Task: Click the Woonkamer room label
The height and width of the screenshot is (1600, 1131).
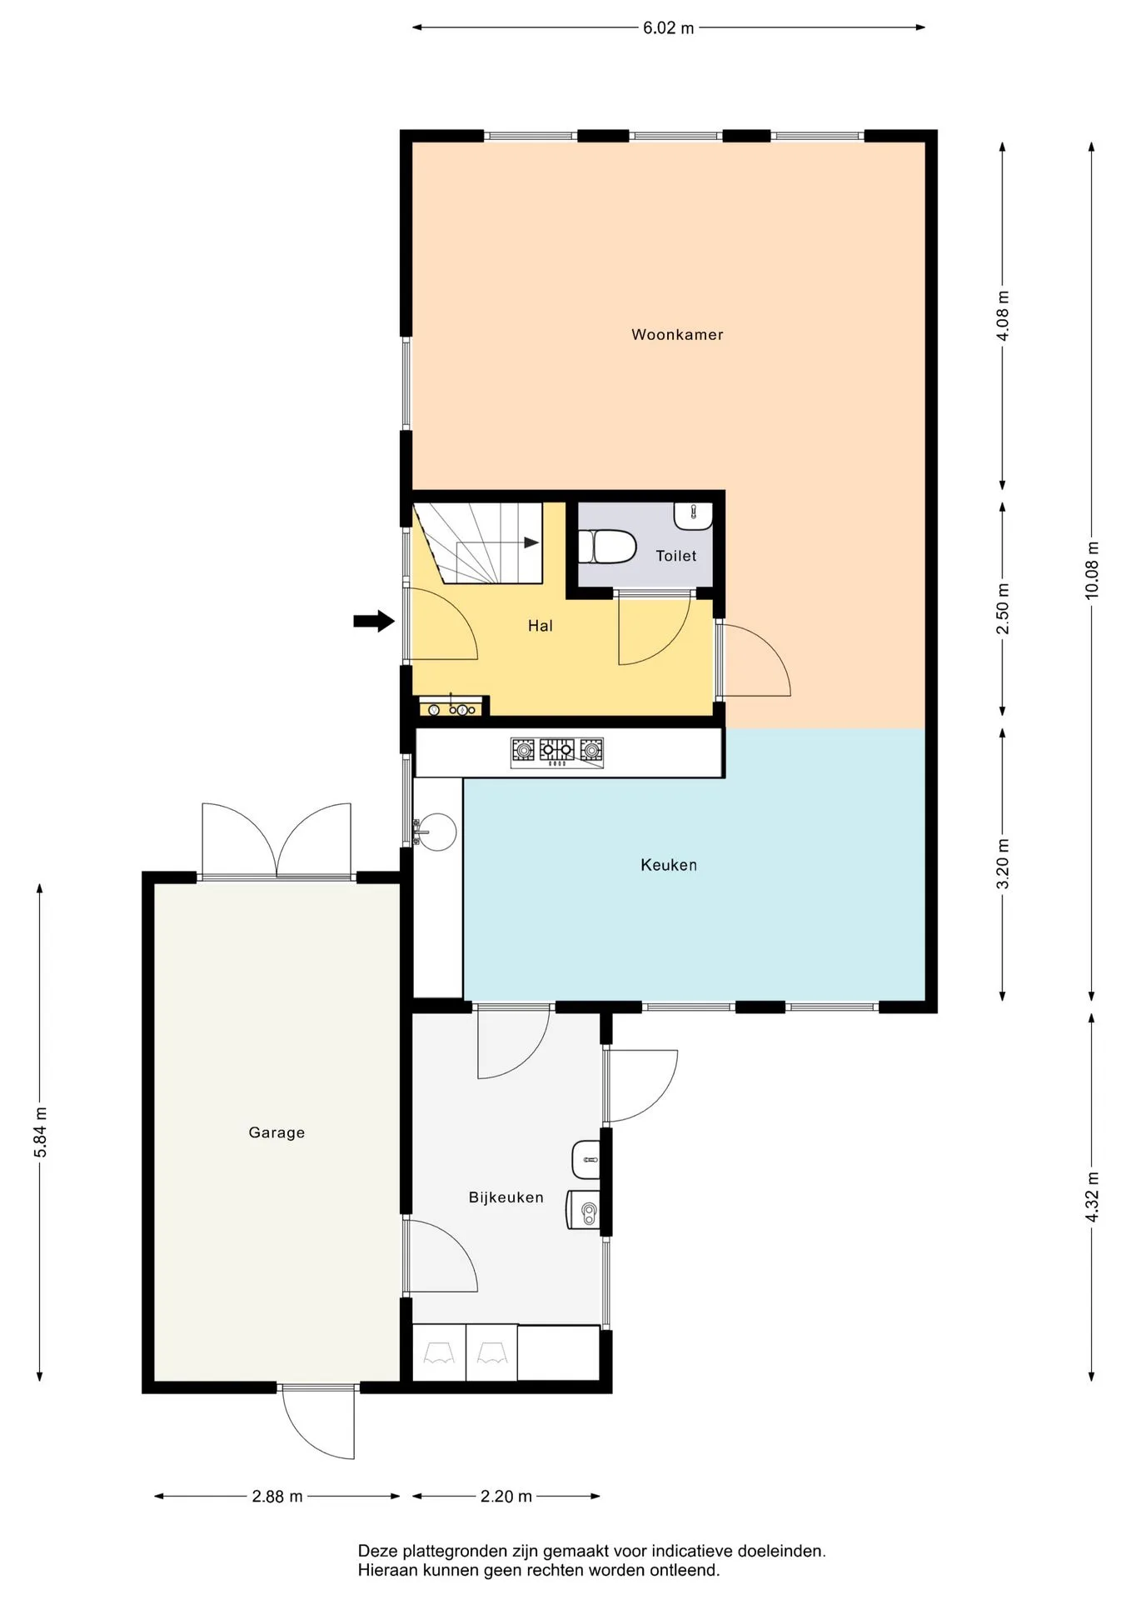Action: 677,335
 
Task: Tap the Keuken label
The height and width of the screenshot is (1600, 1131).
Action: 669,865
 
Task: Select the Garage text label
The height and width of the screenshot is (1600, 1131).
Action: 277,1132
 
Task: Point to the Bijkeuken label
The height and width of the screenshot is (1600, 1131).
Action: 506,1197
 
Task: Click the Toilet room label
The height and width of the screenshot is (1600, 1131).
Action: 675,556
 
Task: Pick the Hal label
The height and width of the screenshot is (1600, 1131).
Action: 541,626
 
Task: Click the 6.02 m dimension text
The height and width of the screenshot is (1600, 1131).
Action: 668,28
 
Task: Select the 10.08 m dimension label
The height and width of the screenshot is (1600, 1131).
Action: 1092,570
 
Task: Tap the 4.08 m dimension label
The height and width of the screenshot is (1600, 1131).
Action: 1003,316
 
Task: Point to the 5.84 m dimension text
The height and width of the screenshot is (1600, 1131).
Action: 40,1132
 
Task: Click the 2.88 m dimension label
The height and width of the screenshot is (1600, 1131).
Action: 277,1497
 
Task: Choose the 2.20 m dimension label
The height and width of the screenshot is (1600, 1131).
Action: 506,1497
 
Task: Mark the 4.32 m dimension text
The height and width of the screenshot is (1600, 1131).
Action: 1092,1197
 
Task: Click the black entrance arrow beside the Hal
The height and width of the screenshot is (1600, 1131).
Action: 374,621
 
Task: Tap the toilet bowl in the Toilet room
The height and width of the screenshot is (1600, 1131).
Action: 607,547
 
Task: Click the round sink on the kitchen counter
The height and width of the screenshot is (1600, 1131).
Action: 436,831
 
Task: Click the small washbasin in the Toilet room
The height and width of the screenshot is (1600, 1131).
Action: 693,516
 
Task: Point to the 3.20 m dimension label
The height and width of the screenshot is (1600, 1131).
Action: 1003,863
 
